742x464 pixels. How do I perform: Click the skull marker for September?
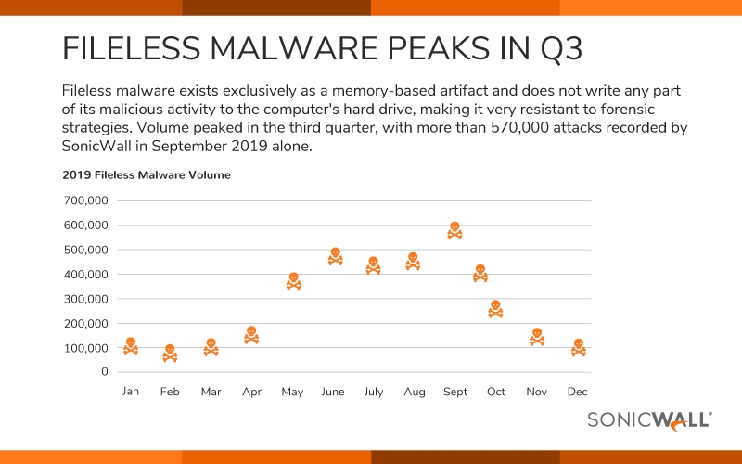pos(454,231)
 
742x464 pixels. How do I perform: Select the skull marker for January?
pos(131,346)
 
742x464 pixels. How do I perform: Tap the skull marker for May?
pos(293,281)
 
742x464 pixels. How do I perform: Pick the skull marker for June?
pos(335,257)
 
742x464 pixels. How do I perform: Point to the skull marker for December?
pos(579,347)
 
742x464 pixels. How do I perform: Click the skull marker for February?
pos(170,354)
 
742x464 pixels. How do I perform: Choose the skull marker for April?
pos(251,335)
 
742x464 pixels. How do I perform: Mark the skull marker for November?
pos(536,337)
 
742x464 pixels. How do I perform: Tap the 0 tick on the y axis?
pos(106,372)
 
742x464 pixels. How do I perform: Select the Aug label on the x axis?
pos(414,392)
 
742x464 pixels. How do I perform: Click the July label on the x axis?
pos(373,392)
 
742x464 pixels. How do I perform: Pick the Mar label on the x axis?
pos(211,392)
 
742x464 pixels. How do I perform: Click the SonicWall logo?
pos(649,420)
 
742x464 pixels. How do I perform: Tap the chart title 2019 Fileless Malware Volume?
pos(147,174)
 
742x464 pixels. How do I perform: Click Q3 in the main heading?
pos(553,48)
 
